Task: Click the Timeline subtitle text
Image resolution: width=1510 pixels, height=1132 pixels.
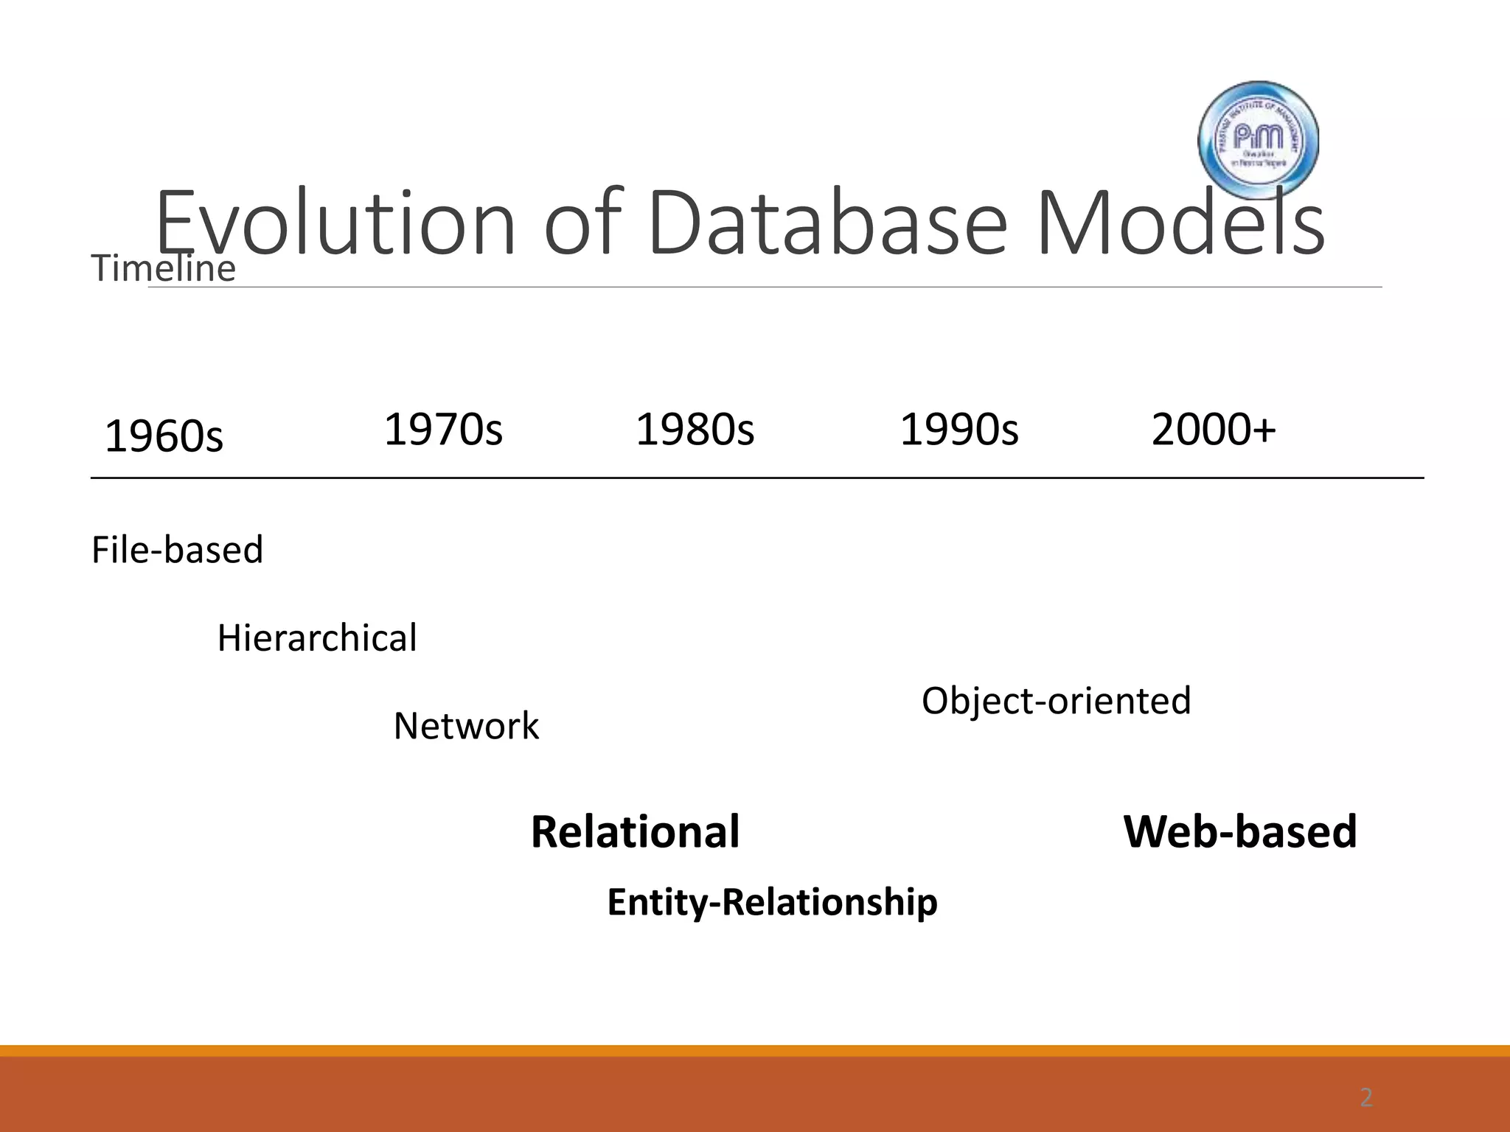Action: tap(164, 268)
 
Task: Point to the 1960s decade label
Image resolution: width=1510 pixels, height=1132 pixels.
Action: tap(164, 436)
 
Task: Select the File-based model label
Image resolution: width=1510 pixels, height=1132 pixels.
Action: tap(177, 550)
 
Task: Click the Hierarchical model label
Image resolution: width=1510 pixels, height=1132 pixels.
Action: tap(316, 638)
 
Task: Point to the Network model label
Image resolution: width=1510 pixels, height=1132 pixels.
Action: tap(466, 726)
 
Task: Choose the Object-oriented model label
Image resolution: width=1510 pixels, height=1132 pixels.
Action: tap(1056, 700)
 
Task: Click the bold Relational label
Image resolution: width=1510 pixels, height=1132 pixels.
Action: tap(635, 831)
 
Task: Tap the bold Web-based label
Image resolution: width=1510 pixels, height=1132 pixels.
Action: tap(1239, 831)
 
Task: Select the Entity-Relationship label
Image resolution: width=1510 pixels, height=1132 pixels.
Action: tap(772, 902)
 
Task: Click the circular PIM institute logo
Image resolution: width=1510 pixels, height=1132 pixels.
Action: tap(1258, 140)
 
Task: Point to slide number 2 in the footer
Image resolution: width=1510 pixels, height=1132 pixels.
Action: tap(1366, 1098)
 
